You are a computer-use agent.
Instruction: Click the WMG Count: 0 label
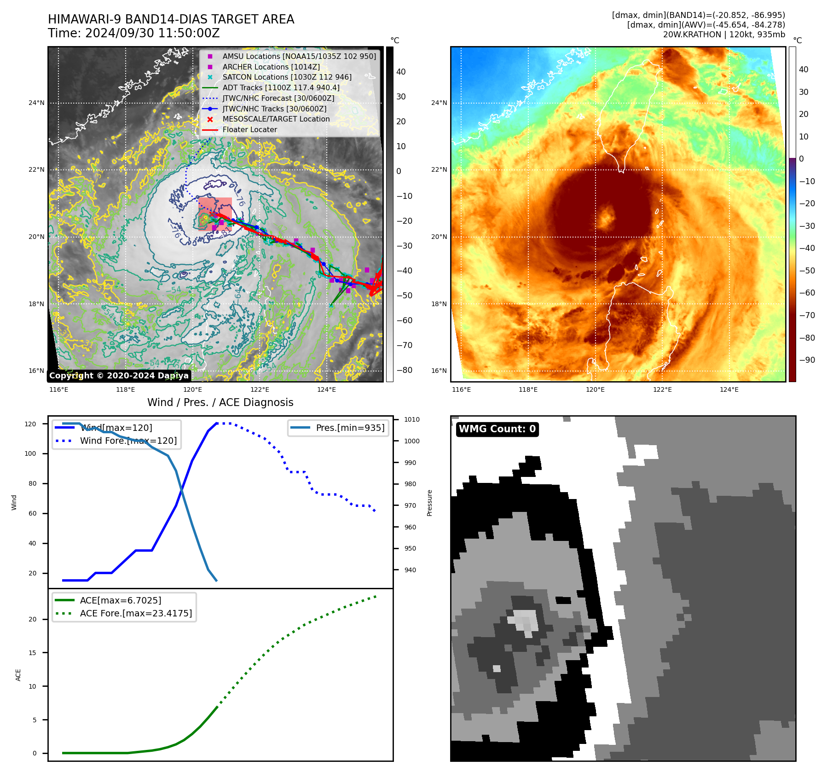coord(497,429)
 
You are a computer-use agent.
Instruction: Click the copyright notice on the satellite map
coord(119,376)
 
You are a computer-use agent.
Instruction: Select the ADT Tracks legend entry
coord(281,87)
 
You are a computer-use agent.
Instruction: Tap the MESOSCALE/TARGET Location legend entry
coord(276,119)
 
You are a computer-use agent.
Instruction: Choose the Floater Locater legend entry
coord(249,129)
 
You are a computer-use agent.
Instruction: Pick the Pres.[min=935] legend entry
coord(350,428)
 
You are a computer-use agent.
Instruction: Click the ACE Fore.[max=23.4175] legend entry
coord(136,613)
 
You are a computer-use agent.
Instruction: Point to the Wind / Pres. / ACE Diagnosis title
coord(220,402)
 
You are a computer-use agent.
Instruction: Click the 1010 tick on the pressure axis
coord(411,419)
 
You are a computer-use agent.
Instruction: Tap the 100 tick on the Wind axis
coord(30,453)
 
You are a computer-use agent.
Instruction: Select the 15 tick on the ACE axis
coord(32,653)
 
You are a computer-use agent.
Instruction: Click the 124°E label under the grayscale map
coord(326,389)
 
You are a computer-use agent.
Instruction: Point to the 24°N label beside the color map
coord(439,103)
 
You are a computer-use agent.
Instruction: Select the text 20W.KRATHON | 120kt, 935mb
coord(724,35)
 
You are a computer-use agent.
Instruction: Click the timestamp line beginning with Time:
coord(133,33)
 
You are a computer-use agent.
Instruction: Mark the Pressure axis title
coord(429,503)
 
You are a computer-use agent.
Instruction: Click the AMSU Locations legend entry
coord(299,56)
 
